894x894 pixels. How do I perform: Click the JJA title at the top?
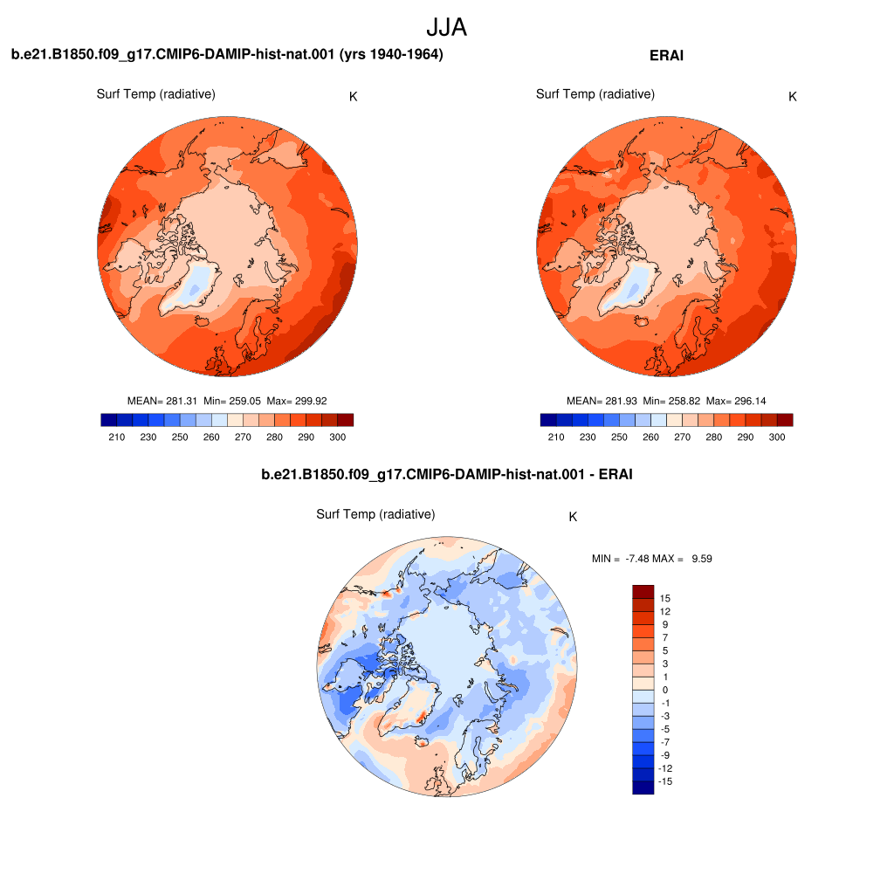point(446,27)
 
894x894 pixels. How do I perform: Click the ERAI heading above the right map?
point(666,55)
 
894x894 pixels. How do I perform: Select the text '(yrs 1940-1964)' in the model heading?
point(391,54)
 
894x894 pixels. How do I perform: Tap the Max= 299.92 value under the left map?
point(297,401)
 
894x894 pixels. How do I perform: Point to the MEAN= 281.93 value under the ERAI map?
point(602,401)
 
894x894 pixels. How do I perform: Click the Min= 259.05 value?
point(232,401)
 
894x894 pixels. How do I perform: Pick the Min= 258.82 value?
point(671,401)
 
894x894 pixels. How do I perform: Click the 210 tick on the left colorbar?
point(117,437)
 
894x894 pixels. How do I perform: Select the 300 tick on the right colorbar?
point(776,437)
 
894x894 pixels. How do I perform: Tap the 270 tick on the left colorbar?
point(243,437)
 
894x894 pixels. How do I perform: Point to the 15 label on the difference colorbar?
point(664,598)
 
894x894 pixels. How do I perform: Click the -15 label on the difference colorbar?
point(664,781)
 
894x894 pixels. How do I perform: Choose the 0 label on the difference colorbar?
point(664,690)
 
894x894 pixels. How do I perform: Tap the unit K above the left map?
point(353,97)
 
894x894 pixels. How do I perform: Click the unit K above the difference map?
point(573,517)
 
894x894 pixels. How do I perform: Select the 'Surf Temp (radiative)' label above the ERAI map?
point(595,94)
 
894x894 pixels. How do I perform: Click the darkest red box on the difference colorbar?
point(643,591)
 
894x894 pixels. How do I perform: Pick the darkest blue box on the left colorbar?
point(109,420)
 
